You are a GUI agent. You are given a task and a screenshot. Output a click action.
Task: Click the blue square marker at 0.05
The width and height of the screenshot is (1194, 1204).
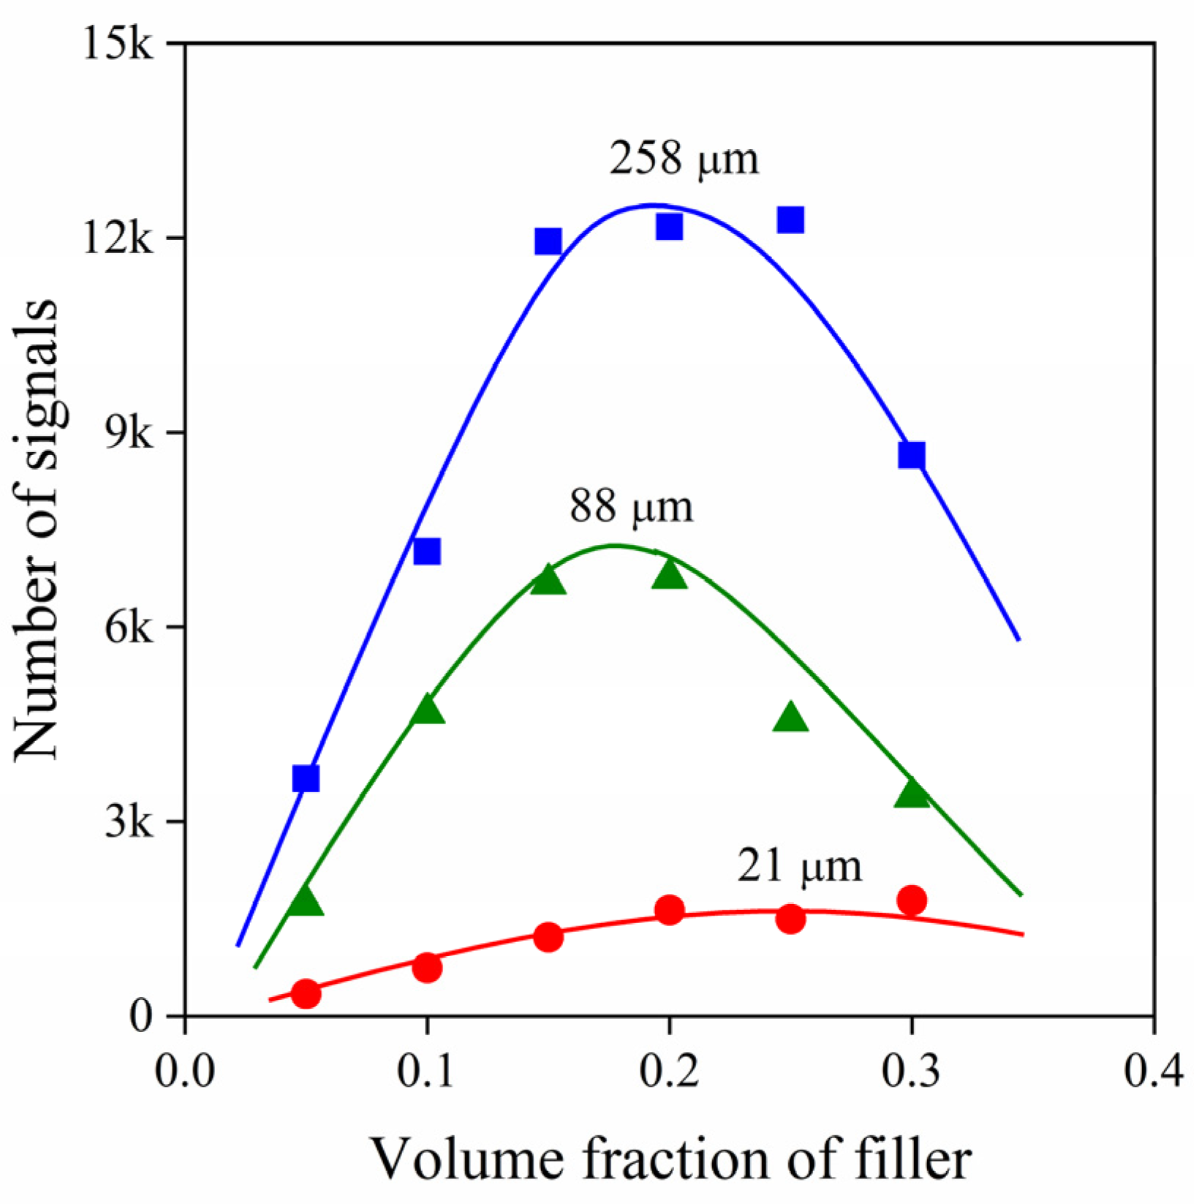[306, 779]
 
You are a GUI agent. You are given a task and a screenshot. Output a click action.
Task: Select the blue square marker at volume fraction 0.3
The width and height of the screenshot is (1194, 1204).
[911, 455]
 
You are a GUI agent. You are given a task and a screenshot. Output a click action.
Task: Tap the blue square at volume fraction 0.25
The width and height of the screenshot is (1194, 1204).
[790, 219]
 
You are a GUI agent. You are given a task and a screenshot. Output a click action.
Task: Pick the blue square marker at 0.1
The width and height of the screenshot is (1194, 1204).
[427, 552]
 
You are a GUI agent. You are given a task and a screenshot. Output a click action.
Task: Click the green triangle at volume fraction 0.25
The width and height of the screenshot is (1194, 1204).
[790, 718]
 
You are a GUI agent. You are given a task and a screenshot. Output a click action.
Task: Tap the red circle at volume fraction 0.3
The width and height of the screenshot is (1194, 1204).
[911, 900]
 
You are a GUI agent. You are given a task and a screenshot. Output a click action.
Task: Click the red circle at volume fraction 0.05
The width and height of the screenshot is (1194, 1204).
[306, 993]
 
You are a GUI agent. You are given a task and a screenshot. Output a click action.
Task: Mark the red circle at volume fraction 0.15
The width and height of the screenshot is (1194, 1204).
[548, 937]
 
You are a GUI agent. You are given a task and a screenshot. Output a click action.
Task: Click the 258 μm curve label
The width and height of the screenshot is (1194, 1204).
[684, 159]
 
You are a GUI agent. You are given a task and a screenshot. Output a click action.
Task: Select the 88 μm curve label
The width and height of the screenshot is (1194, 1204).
[631, 506]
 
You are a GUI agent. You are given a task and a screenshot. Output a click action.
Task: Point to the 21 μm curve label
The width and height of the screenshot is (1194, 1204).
[799, 866]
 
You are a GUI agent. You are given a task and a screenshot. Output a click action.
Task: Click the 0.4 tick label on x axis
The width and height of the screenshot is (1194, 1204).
[1153, 1072]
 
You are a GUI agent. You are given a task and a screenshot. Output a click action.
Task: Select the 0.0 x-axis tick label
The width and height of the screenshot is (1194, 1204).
[185, 1072]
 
